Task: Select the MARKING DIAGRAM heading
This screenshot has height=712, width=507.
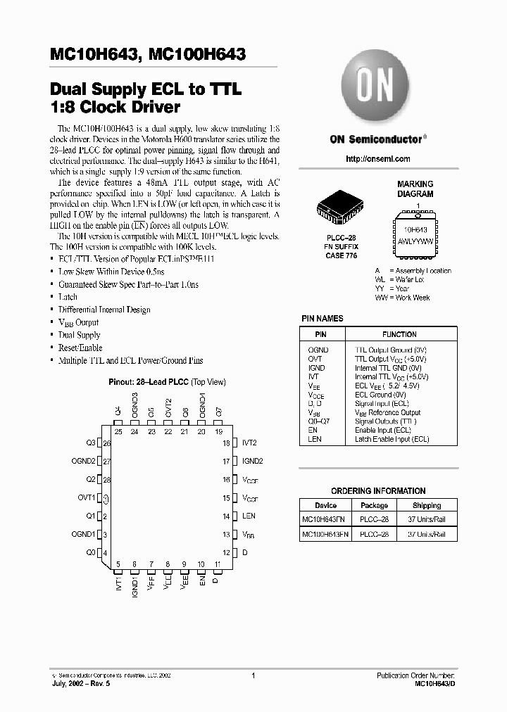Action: point(415,189)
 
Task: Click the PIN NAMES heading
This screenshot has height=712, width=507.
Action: point(323,319)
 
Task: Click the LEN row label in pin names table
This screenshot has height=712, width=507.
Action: point(315,439)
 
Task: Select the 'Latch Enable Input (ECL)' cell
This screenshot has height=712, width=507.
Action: point(392,439)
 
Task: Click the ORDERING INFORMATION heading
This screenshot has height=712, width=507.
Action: point(378,490)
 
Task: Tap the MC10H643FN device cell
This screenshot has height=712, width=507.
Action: point(325,519)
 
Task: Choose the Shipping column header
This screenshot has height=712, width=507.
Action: point(427,505)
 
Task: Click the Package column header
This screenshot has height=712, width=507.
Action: point(374,505)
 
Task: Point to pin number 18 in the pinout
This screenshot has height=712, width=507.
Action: point(227,443)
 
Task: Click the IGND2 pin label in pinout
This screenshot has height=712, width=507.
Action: point(252,462)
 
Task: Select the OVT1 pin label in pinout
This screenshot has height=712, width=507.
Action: point(86,498)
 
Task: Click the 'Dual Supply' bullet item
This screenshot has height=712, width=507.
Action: point(79,335)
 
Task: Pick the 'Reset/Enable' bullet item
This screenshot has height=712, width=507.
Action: point(80,348)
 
